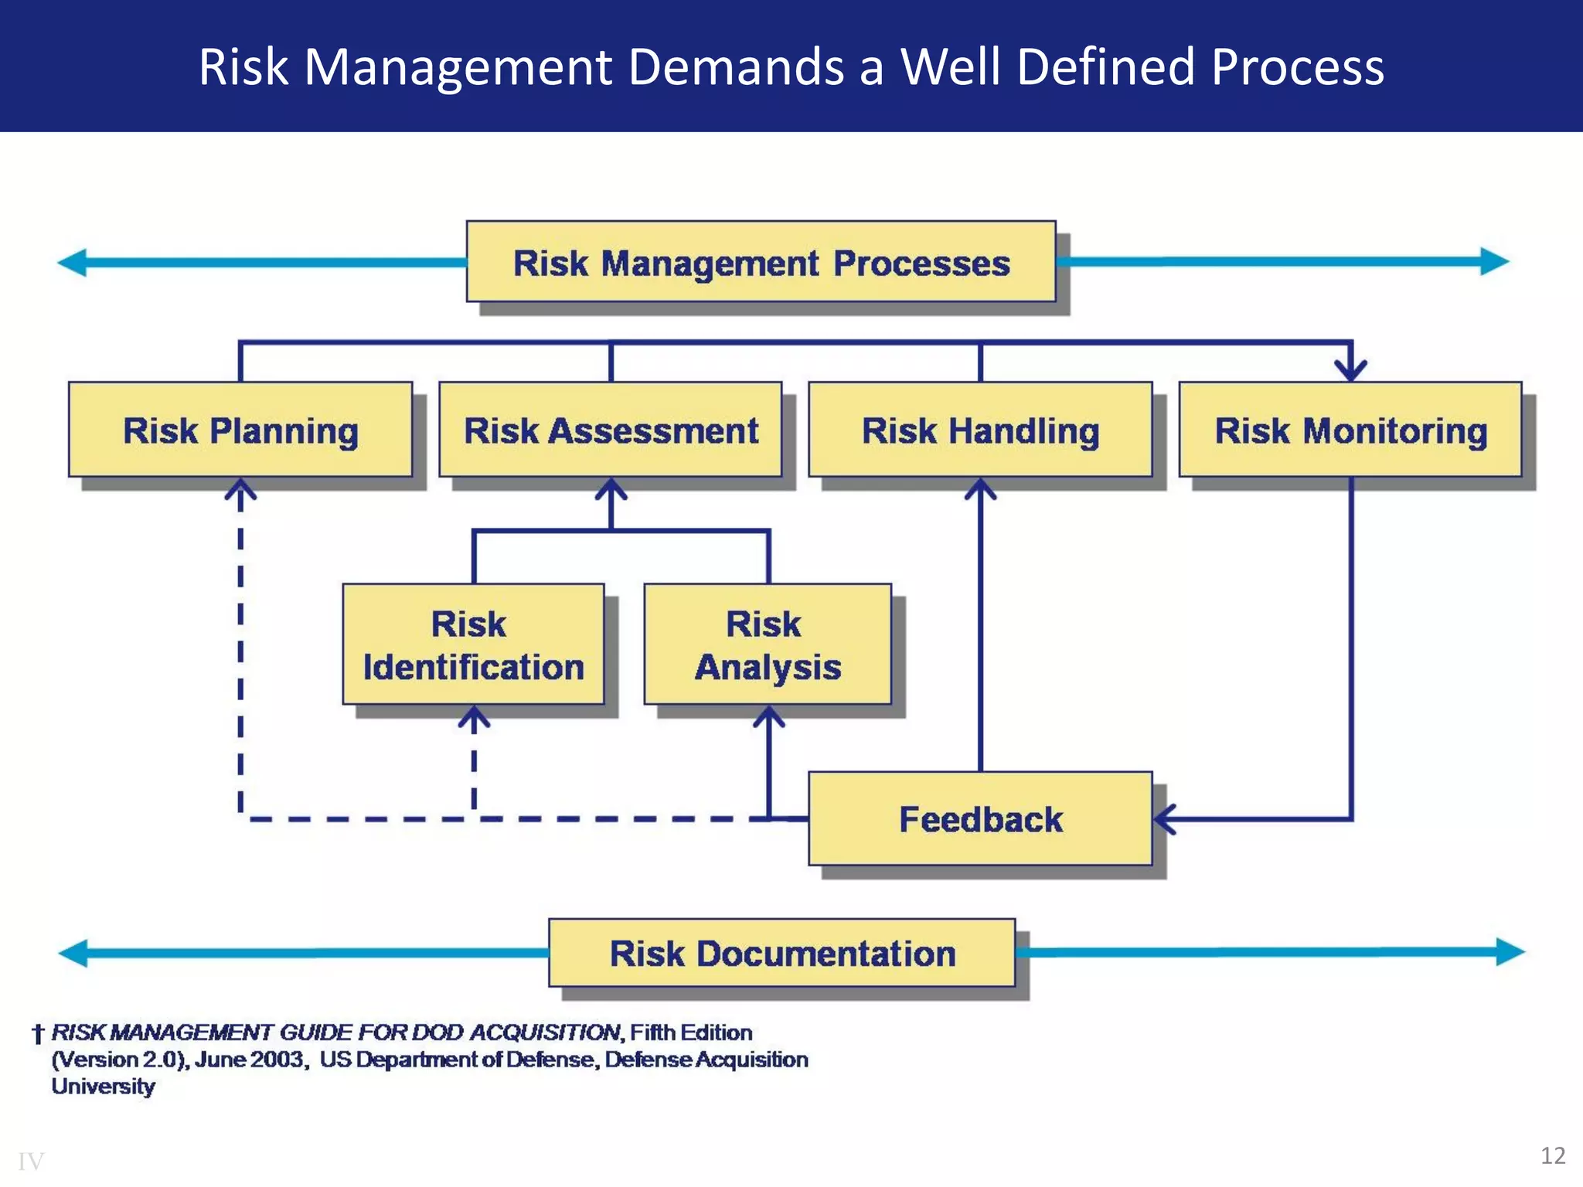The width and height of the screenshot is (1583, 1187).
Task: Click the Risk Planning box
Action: [240, 430]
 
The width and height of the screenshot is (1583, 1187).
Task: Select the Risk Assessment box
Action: [611, 430]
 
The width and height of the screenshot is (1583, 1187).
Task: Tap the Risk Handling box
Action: [980, 430]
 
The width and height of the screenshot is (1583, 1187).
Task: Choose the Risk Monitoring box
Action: [1350, 430]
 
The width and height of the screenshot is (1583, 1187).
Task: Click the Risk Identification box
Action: [473, 645]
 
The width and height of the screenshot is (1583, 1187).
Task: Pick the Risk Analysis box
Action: [768, 645]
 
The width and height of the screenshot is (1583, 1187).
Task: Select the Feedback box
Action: [980, 818]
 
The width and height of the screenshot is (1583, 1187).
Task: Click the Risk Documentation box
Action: [781, 953]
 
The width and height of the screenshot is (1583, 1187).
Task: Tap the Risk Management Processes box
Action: [761, 262]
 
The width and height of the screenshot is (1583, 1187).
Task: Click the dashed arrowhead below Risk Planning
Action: [240, 490]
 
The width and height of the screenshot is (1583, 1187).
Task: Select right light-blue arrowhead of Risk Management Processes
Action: [1495, 261]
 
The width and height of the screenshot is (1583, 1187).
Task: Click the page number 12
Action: [1553, 1155]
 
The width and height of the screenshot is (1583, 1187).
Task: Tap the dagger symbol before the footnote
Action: [37, 1034]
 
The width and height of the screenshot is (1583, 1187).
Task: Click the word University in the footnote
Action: [104, 1087]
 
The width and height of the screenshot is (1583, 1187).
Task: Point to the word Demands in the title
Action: [737, 66]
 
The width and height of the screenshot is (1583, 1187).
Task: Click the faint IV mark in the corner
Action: [31, 1161]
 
